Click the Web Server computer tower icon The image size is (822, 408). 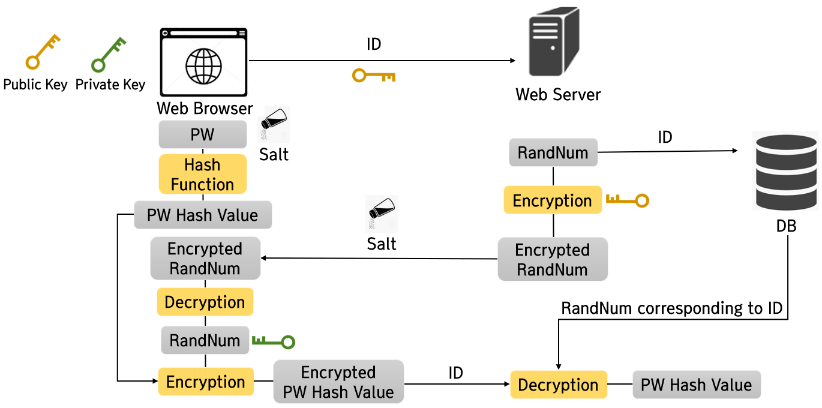tap(553, 45)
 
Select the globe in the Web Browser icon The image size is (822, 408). tap(203, 66)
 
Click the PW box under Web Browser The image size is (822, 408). tap(203, 134)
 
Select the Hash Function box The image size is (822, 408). tap(203, 174)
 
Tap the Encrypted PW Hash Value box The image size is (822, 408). tap(338, 382)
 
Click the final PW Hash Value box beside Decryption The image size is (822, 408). tap(696, 385)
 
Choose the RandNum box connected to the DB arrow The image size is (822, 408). tap(553, 152)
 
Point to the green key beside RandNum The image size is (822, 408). tap(274, 342)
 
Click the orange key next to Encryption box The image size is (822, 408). tap(627, 200)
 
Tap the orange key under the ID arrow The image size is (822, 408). tap(374, 76)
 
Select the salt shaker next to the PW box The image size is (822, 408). tap(274, 124)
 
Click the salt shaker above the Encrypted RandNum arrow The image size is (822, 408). tap(382, 214)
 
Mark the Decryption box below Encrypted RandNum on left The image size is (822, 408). tap(205, 302)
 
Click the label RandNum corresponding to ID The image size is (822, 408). tap(672, 308)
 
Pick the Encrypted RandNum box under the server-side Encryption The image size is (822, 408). tap(553, 259)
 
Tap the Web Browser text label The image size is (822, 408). tap(205, 109)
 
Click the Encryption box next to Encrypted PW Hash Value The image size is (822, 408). tap(206, 382)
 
